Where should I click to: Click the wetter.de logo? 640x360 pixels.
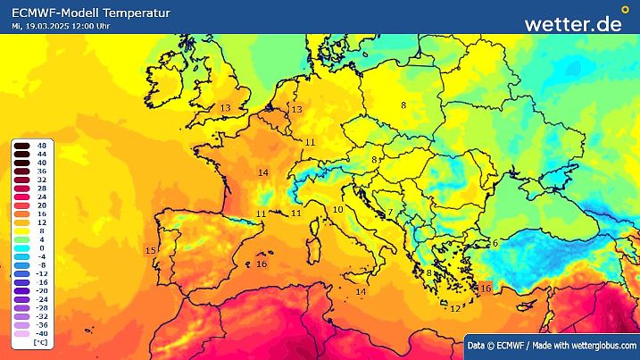tap(572, 23)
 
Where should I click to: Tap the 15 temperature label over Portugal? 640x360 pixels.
tap(150, 251)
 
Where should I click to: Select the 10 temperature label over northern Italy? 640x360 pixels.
tap(337, 210)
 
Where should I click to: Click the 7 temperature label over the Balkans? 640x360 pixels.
tap(390, 213)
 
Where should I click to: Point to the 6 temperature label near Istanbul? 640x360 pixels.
tap(495, 243)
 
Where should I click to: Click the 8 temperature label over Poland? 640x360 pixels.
tap(403, 105)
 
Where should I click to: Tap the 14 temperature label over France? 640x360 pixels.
tap(263, 172)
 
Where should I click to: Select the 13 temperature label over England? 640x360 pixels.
tap(226, 108)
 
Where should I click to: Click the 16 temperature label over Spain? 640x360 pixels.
tap(262, 264)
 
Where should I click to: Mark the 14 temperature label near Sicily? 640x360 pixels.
tap(361, 292)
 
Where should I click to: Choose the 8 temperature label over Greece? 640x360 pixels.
tap(428, 273)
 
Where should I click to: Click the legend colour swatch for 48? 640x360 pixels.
tap(19, 146)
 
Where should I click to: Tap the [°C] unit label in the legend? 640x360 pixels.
tap(40, 342)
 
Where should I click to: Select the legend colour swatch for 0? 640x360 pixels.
tap(19, 247)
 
